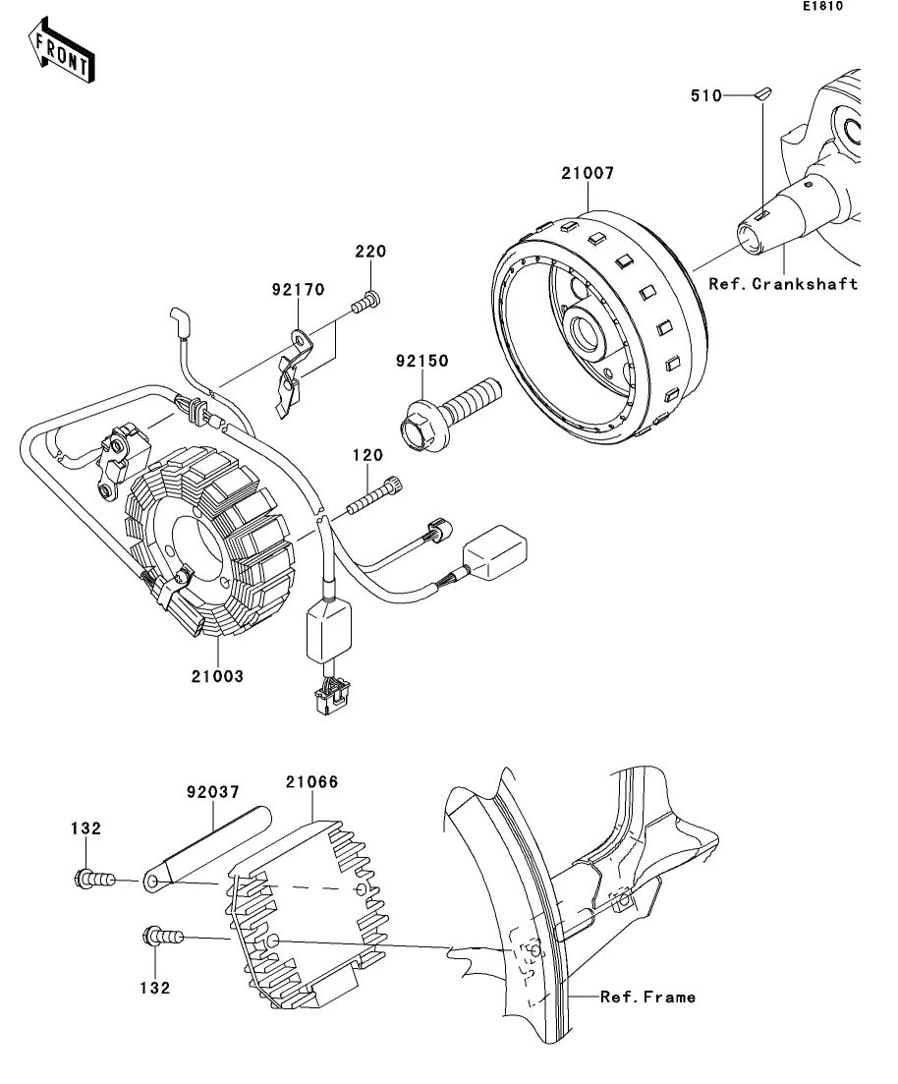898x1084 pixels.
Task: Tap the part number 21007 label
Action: coord(588,173)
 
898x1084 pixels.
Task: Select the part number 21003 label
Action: coord(218,676)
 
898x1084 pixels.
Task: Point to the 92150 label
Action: coord(422,360)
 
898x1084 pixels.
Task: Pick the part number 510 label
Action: coord(706,95)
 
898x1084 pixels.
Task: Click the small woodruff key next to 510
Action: coord(762,93)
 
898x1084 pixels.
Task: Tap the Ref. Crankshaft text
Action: coord(783,283)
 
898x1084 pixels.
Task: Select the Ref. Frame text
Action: coord(647,997)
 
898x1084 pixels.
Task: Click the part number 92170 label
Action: coord(298,289)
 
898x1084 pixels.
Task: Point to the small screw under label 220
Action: coord(365,302)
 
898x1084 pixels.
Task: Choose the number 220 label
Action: coord(370,251)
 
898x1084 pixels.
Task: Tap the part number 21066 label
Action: coord(311,782)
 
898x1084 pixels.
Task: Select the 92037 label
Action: coord(213,791)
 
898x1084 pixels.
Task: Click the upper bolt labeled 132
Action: coord(94,879)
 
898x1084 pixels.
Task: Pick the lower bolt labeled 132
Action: coord(163,937)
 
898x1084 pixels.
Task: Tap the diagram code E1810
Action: coord(822,6)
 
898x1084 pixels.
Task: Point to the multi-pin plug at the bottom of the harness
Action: coord(332,697)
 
